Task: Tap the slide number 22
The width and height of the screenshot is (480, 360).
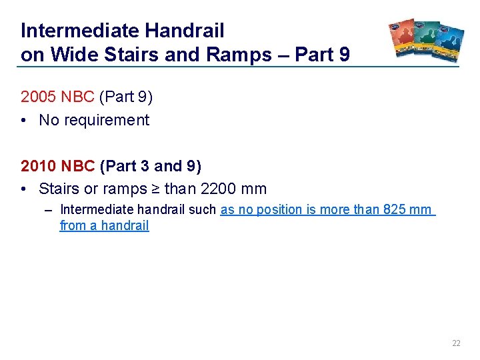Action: (x=456, y=343)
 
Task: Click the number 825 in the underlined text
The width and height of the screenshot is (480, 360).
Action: (x=395, y=209)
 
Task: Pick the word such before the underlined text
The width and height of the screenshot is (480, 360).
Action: (x=203, y=209)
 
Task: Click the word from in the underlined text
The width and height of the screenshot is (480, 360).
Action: (x=71, y=225)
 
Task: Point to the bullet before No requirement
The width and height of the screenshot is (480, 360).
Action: (x=24, y=121)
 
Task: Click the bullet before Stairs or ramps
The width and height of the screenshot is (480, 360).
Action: (x=24, y=189)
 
